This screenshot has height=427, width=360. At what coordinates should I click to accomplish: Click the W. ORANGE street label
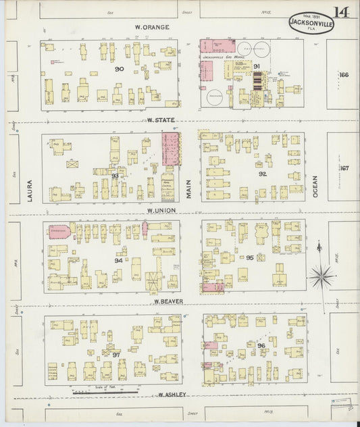[152, 27]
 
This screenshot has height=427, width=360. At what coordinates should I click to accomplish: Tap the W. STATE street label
[161, 120]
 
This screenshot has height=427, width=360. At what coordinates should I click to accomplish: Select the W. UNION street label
[162, 211]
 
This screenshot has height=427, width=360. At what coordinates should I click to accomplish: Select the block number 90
[119, 69]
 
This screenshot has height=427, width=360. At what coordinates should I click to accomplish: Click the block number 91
[257, 66]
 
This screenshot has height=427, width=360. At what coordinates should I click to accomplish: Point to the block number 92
[262, 173]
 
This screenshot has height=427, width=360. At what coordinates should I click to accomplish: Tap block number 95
[249, 257]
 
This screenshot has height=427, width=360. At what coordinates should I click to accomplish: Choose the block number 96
[260, 346]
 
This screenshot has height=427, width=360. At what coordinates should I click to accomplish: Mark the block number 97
[116, 355]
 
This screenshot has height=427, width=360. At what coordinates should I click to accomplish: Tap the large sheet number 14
[340, 12]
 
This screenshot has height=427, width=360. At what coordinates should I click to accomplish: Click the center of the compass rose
[322, 276]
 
